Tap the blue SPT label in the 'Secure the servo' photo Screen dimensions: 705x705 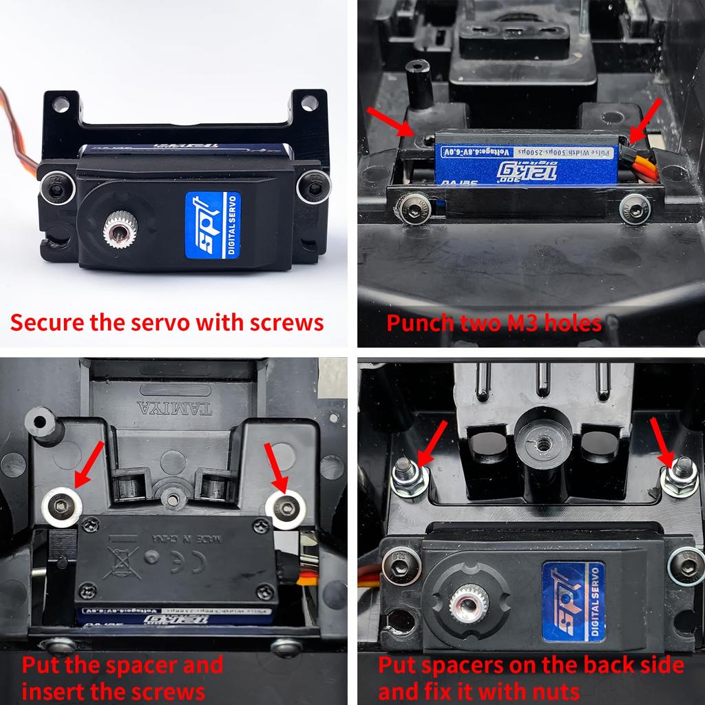pyautogui.click(x=213, y=225)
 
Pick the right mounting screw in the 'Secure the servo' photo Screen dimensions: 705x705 pyautogui.click(x=313, y=186)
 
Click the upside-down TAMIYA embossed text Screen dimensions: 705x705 pyautogui.click(x=175, y=408)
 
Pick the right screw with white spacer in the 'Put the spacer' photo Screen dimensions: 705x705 pyautogui.click(x=285, y=508)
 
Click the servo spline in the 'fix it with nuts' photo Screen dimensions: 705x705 pyautogui.click(x=468, y=604)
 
